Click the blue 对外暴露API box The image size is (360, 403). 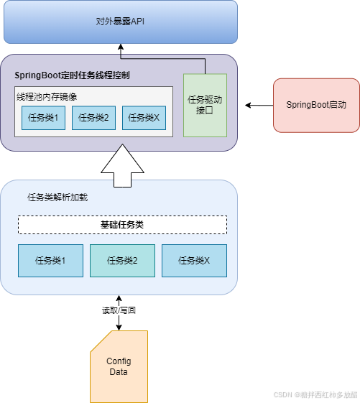pos(121,22)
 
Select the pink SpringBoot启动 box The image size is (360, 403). pos(316,106)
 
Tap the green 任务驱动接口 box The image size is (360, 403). pos(205,106)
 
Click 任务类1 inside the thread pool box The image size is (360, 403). pos(43,118)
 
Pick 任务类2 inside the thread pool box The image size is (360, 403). pos(93,118)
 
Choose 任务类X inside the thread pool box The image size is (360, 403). pos(144,118)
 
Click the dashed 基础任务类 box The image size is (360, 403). pos(122,225)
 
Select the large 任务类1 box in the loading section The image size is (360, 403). pos(50,261)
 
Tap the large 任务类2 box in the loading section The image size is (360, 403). pos(122,261)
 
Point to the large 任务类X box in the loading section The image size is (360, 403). pos(195,261)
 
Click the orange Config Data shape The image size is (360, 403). pos(119,366)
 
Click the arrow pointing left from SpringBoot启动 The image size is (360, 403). pos(259,105)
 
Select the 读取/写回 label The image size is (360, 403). pos(119,310)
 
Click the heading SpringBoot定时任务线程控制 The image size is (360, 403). pos(72,75)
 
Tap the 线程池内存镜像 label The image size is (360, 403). pos(47,97)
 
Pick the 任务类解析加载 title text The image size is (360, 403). pos(57,198)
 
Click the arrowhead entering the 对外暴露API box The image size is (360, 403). pos(121,47)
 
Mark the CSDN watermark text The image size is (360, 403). pos(315,395)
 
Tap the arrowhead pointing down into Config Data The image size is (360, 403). pos(119,328)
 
